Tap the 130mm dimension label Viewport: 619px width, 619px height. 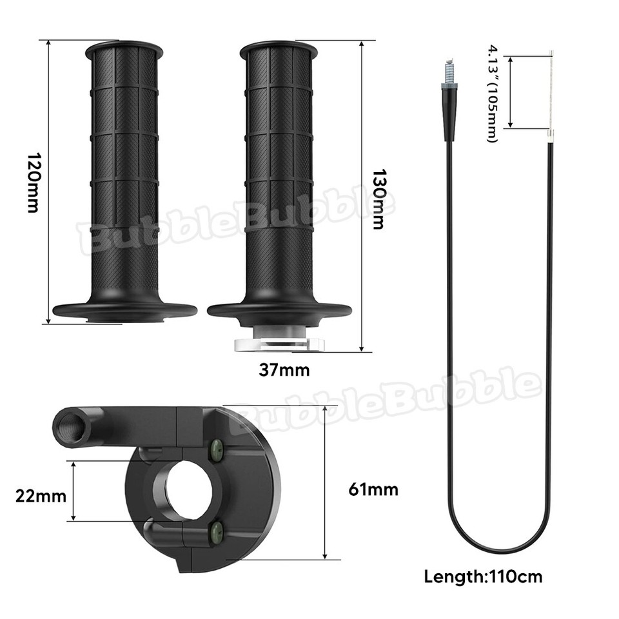[379, 200]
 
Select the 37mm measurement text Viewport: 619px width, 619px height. [284, 370]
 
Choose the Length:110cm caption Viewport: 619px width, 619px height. [483, 576]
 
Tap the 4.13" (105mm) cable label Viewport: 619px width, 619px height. [493, 93]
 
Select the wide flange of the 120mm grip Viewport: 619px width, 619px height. [124, 309]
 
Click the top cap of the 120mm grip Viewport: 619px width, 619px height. [124, 48]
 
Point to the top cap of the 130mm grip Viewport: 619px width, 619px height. [279, 48]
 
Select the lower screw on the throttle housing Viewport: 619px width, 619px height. [217, 533]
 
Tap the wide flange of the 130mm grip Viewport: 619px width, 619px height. [279, 310]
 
